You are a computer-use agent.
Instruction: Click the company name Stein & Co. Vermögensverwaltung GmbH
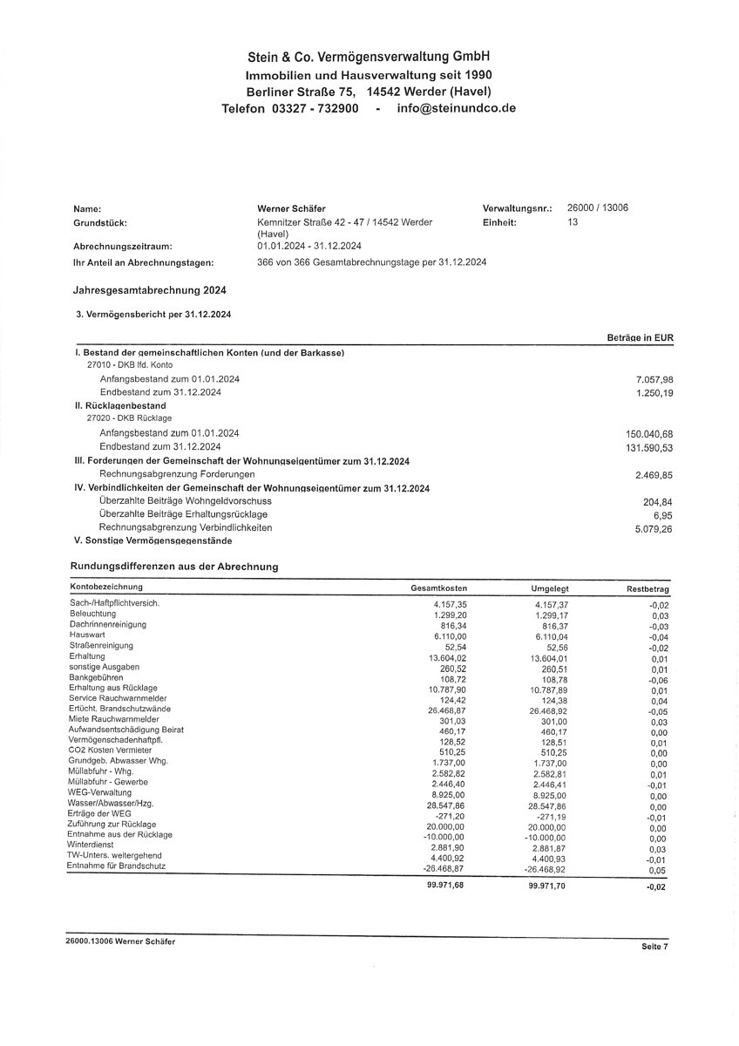pyautogui.click(x=369, y=57)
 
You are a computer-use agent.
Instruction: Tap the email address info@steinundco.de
pyautogui.click(x=456, y=108)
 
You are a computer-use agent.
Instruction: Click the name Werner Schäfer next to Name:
pyautogui.click(x=293, y=209)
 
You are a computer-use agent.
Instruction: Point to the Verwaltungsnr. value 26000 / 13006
pyautogui.click(x=597, y=208)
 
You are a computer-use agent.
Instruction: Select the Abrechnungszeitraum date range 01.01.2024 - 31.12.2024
pyautogui.click(x=309, y=247)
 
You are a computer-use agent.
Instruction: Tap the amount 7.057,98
pyautogui.click(x=654, y=380)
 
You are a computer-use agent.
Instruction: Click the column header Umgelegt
pyautogui.click(x=548, y=589)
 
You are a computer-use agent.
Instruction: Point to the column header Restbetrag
pyautogui.click(x=647, y=590)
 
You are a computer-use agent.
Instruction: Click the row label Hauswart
pyautogui.click(x=87, y=635)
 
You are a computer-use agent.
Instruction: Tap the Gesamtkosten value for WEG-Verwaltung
pyautogui.click(x=449, y=796)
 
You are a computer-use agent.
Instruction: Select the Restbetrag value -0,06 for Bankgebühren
pyautogui.click(x=658, y=680)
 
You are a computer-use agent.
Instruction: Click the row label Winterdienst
pyautogui.click(x=92, y=845)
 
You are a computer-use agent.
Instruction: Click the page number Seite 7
pyautogui.click(x=653, y=947)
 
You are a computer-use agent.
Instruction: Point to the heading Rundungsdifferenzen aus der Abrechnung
pyautogui.click(x=174, y=567)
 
